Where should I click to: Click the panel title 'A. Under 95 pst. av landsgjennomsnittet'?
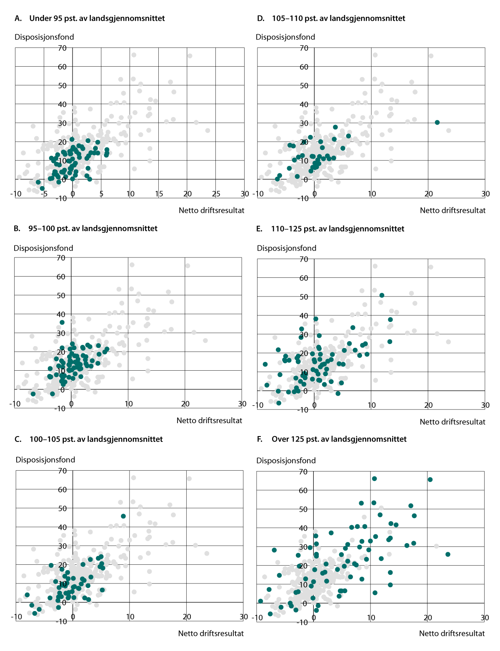(90, 18)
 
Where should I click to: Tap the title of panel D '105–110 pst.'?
(331, 18)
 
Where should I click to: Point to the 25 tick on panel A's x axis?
(216, 194)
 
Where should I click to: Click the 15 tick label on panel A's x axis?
(158, 194)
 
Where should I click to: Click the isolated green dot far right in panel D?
(437, 122)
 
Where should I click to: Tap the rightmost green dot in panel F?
(448, 554)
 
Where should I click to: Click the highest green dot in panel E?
(382, 295)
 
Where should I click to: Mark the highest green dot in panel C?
(123, 516)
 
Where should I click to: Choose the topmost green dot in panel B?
(62, 322)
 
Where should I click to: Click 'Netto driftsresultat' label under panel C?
(211, 634)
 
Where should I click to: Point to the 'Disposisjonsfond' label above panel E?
(287, 248)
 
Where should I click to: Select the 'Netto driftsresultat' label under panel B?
(209, 421)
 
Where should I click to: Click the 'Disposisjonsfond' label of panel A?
(44, 37)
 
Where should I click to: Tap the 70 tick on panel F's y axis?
(303, 471)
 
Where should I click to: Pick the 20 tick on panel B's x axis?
(185, 404)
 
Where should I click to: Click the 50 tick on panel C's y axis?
(62, 508)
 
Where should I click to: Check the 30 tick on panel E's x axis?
(485, 405)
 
